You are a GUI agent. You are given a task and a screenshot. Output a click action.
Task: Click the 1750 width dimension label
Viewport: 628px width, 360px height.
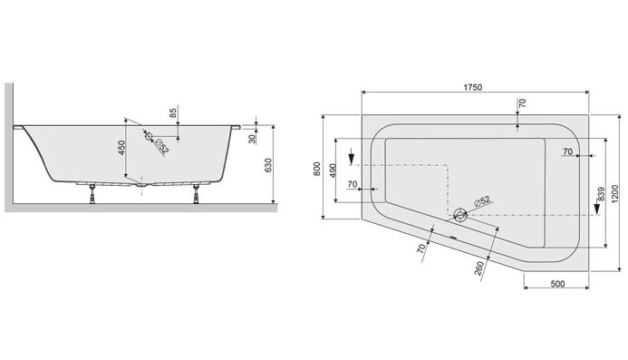point(473,87)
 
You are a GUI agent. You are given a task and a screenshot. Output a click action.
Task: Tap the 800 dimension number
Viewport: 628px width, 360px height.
point(317,169)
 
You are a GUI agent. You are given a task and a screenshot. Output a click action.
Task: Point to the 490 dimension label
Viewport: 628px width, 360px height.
point(333,171)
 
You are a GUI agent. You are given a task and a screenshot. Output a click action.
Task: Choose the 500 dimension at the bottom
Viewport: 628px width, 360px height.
point(557,284)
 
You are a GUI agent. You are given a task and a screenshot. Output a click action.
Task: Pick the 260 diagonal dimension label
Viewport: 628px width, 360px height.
point(479,268)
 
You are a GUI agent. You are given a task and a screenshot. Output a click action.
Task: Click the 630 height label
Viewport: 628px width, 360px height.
point(268,166)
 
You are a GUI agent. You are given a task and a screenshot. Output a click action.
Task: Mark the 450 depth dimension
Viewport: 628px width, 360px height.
point(121,148)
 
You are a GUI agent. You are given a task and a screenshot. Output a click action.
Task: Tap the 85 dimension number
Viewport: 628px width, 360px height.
point(173,112)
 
